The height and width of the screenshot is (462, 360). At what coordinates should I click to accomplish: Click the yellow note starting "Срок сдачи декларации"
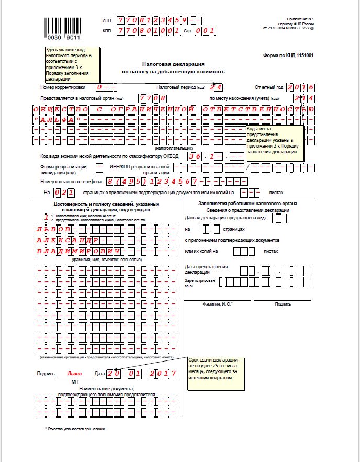(216, 373)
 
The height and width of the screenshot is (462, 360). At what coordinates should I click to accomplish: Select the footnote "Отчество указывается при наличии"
(75, 429)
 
